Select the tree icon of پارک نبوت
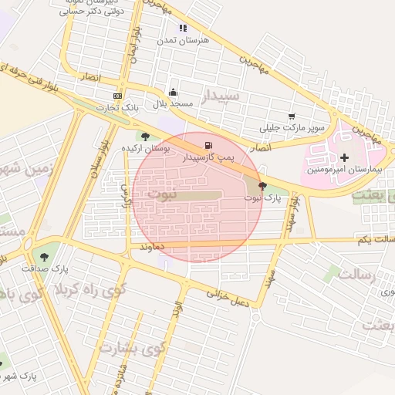[263, 186]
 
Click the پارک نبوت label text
[262, 198]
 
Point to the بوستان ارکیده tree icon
[145, 137]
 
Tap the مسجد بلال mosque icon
[172, 93]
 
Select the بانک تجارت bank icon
[117, 96]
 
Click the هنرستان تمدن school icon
[183, 29]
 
